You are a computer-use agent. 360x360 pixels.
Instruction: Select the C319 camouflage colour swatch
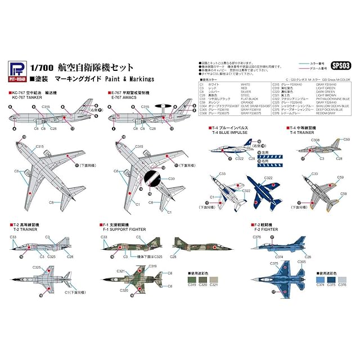click(x=192, y=279)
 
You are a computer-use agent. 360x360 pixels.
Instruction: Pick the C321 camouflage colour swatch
click(x=214, y=279)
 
